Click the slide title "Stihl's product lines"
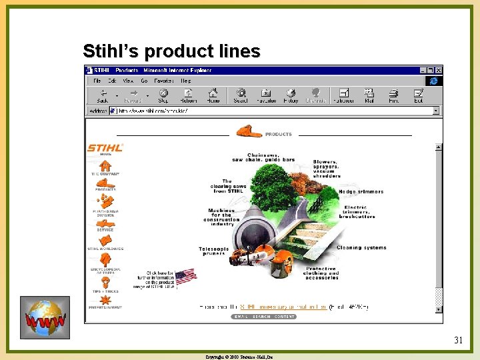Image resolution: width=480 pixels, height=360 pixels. [171, 51]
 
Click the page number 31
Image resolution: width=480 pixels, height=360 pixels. [458, 341]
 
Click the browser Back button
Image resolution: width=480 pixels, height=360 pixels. [103, 95]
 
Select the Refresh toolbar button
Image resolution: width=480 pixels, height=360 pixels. [187, 95]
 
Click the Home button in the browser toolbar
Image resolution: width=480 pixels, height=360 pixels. [213, 95]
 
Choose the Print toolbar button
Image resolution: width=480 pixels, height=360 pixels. [393, 95]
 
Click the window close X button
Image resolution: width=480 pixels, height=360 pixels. [438, 69]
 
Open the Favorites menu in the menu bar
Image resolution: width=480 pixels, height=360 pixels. [164, 81]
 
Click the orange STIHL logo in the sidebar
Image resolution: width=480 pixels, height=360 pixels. [105, 148]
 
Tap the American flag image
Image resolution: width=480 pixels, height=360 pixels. [185, 276]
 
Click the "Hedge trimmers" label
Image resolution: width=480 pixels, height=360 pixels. [361, 191]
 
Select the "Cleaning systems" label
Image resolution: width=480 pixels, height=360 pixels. [361, 247]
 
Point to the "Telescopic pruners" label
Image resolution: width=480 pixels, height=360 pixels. [213, 251]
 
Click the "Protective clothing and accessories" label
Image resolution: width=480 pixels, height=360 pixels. [321, 273]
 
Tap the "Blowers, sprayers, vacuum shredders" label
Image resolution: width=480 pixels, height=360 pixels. [327, 168]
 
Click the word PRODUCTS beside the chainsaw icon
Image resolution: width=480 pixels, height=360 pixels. [278, 134]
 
